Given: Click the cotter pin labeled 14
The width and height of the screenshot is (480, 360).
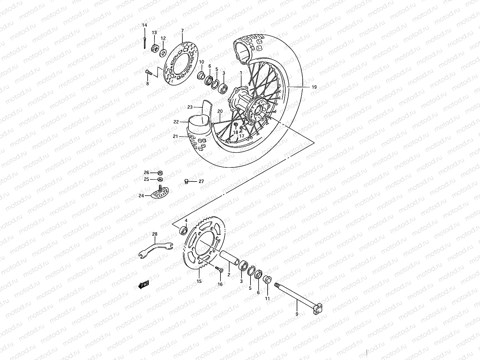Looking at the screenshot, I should click(145, 42).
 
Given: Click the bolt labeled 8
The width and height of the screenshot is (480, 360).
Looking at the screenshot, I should click(149, 72).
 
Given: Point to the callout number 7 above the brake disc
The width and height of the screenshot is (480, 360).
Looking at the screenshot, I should click(182, 31).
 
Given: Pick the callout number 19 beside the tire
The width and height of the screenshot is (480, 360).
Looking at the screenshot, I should click(314, 87).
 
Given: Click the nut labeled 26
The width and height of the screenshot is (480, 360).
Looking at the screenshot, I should click(160, 173).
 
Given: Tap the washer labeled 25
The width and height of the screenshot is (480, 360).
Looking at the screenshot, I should click(160, 179).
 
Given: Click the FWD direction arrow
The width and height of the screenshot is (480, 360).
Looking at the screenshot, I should click(143, 285).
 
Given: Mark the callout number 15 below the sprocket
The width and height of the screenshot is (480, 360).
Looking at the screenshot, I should click(199, 281).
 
